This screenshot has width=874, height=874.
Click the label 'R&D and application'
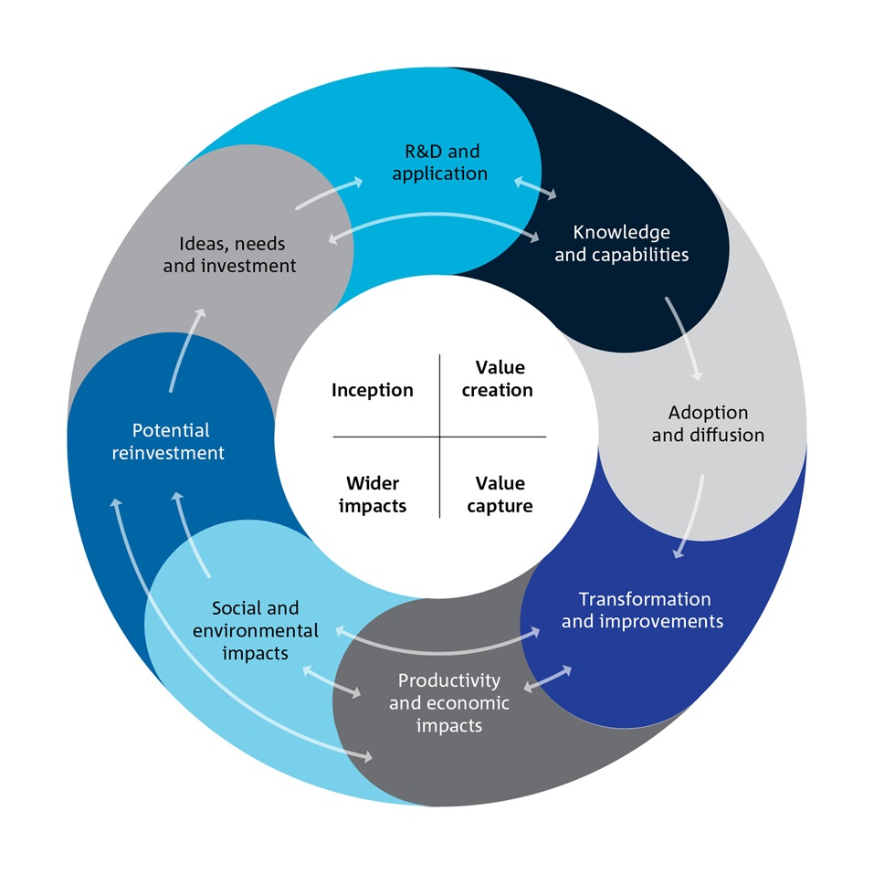439,162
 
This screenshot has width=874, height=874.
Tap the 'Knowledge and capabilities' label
621,244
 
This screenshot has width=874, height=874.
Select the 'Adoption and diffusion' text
707,424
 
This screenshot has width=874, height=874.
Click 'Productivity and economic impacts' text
448,702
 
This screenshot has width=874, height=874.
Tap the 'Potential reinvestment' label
171,441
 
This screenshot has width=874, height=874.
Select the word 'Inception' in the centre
372,390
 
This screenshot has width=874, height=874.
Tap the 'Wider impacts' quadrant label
372,494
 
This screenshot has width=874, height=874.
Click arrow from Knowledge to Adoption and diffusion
686,338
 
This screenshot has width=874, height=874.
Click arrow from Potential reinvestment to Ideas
186,351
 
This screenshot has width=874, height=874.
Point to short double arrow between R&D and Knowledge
535,188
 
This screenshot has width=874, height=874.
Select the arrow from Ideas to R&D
328,193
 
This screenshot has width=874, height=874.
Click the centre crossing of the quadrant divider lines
440,437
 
